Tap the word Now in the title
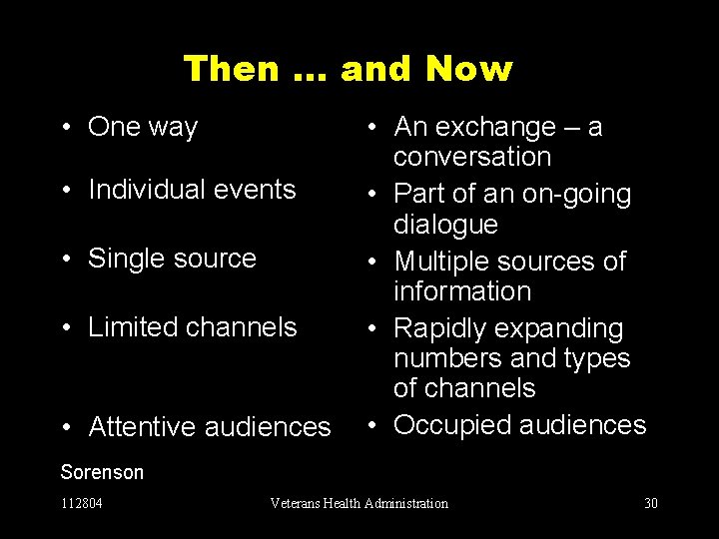468,69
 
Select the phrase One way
143,127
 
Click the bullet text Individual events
192,189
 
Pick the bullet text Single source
172,258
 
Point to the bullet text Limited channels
193,326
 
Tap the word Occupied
451,425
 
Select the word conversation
471,157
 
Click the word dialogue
445,224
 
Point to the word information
462,291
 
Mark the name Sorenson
102,472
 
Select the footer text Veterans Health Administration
359,503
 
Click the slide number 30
651,503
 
